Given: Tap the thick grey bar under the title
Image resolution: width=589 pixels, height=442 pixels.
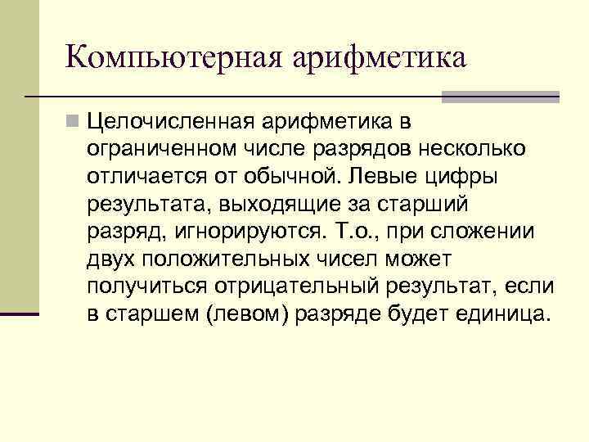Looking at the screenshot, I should (500, 97).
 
